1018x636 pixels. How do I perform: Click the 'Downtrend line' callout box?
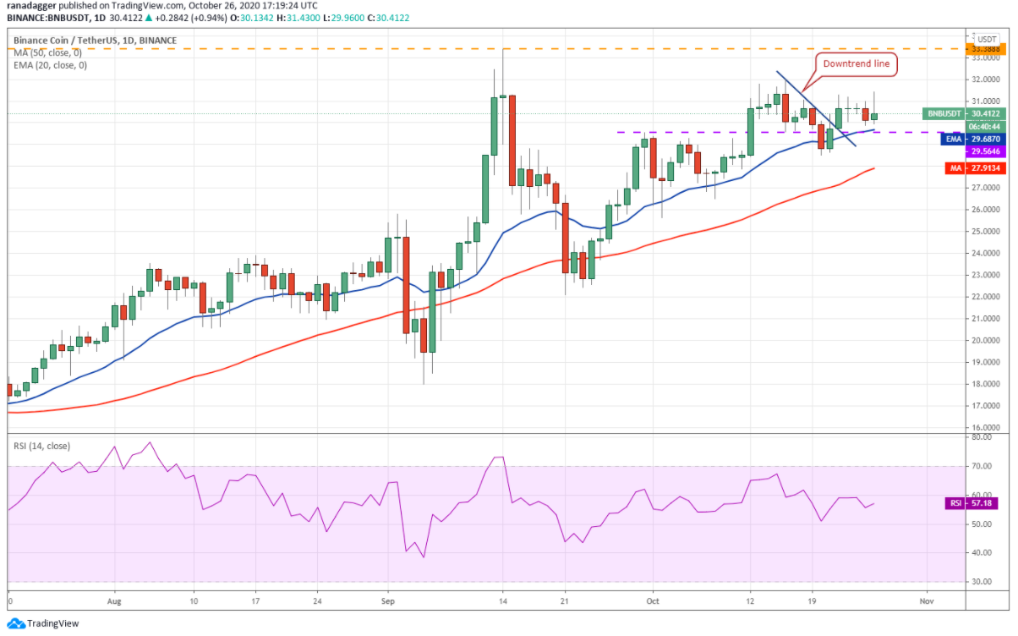(856, 63)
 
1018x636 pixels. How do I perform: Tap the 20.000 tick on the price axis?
(985, 341)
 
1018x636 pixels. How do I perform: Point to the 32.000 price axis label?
(985, 79)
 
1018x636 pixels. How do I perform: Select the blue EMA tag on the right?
(954, 139)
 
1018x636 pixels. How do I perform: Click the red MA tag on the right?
(955, 168)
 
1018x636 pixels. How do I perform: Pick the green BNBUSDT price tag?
(944, 113)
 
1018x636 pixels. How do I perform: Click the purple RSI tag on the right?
(954, 503)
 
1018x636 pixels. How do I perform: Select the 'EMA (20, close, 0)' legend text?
(50, 65)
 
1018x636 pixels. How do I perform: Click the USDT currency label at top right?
(986, 38)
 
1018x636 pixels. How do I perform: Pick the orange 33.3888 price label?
(985, 50)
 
